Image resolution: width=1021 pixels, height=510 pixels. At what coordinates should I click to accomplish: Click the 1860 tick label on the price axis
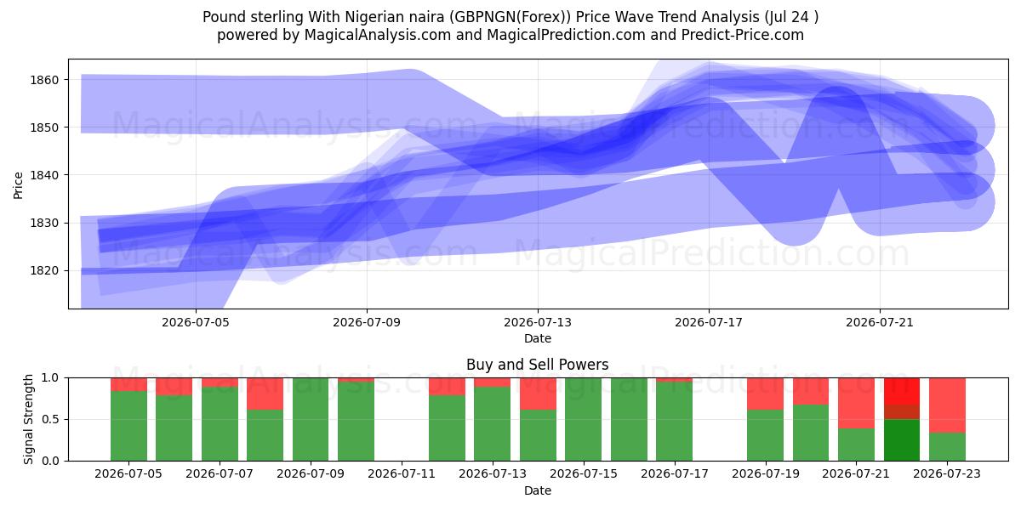point(44,80)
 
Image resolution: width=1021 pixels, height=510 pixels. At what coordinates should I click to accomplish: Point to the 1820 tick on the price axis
point(44,271)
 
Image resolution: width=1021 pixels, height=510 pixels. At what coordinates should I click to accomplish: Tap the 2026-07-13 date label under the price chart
point(538,322)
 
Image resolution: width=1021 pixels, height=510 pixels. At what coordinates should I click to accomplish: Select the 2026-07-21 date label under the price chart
point(880,322)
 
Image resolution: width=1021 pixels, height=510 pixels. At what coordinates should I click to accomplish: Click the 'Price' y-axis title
point(18,185)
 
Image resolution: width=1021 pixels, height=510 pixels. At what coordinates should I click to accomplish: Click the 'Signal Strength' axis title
point(28,419)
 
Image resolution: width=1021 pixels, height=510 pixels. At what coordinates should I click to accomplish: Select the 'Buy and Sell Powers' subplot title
point(538,365)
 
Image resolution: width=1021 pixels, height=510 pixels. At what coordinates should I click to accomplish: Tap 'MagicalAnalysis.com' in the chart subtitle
point(378,35)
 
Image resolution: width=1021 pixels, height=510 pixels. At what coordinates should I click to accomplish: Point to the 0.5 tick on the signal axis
point(49,419)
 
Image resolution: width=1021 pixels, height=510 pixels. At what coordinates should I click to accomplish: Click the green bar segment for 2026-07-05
point(129,426)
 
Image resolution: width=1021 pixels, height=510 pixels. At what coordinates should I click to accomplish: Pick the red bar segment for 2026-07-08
point(265,394)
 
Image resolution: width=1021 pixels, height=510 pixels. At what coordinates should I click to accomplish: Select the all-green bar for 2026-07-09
point(311,419)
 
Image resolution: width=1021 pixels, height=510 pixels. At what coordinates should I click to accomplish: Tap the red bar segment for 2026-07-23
point(947,405)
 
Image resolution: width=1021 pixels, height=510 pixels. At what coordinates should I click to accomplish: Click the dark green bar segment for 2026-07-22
point(902,440)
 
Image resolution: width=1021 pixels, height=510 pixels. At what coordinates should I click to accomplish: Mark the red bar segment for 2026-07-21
point(857,403)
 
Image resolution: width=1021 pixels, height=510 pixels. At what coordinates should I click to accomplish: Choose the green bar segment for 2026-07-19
point(765,435)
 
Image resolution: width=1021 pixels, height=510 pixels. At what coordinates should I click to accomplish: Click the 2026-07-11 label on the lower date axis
point(402,474)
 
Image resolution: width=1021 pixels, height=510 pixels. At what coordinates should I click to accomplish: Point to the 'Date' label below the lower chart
point(538,490)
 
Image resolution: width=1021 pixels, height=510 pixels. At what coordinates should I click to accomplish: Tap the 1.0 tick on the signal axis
point(49,378)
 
